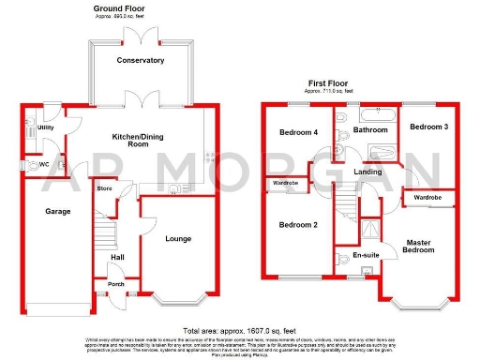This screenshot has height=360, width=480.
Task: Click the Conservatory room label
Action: [x=141, y=60]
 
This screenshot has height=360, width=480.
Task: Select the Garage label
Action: [x=58, y=212]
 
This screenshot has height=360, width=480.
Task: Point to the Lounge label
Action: [x=178, y=239]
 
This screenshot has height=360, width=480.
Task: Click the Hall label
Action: [x=117, y=256]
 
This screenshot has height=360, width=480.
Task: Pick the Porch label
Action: [x=116, y=284]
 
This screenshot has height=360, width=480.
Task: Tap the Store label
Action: [x=105, y=187]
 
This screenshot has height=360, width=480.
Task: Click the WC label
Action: [x=44, y=164]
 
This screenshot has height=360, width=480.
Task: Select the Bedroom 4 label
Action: [x=299, y=133]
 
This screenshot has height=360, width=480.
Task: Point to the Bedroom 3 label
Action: [x=427, y=126]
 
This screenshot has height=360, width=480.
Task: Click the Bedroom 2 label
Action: [x=298, y=224]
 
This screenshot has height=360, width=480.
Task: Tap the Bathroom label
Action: [x=370, y=130]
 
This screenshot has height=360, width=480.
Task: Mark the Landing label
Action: [x=367, y=173]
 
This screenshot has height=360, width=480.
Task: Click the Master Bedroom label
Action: [x=419, y=247]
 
